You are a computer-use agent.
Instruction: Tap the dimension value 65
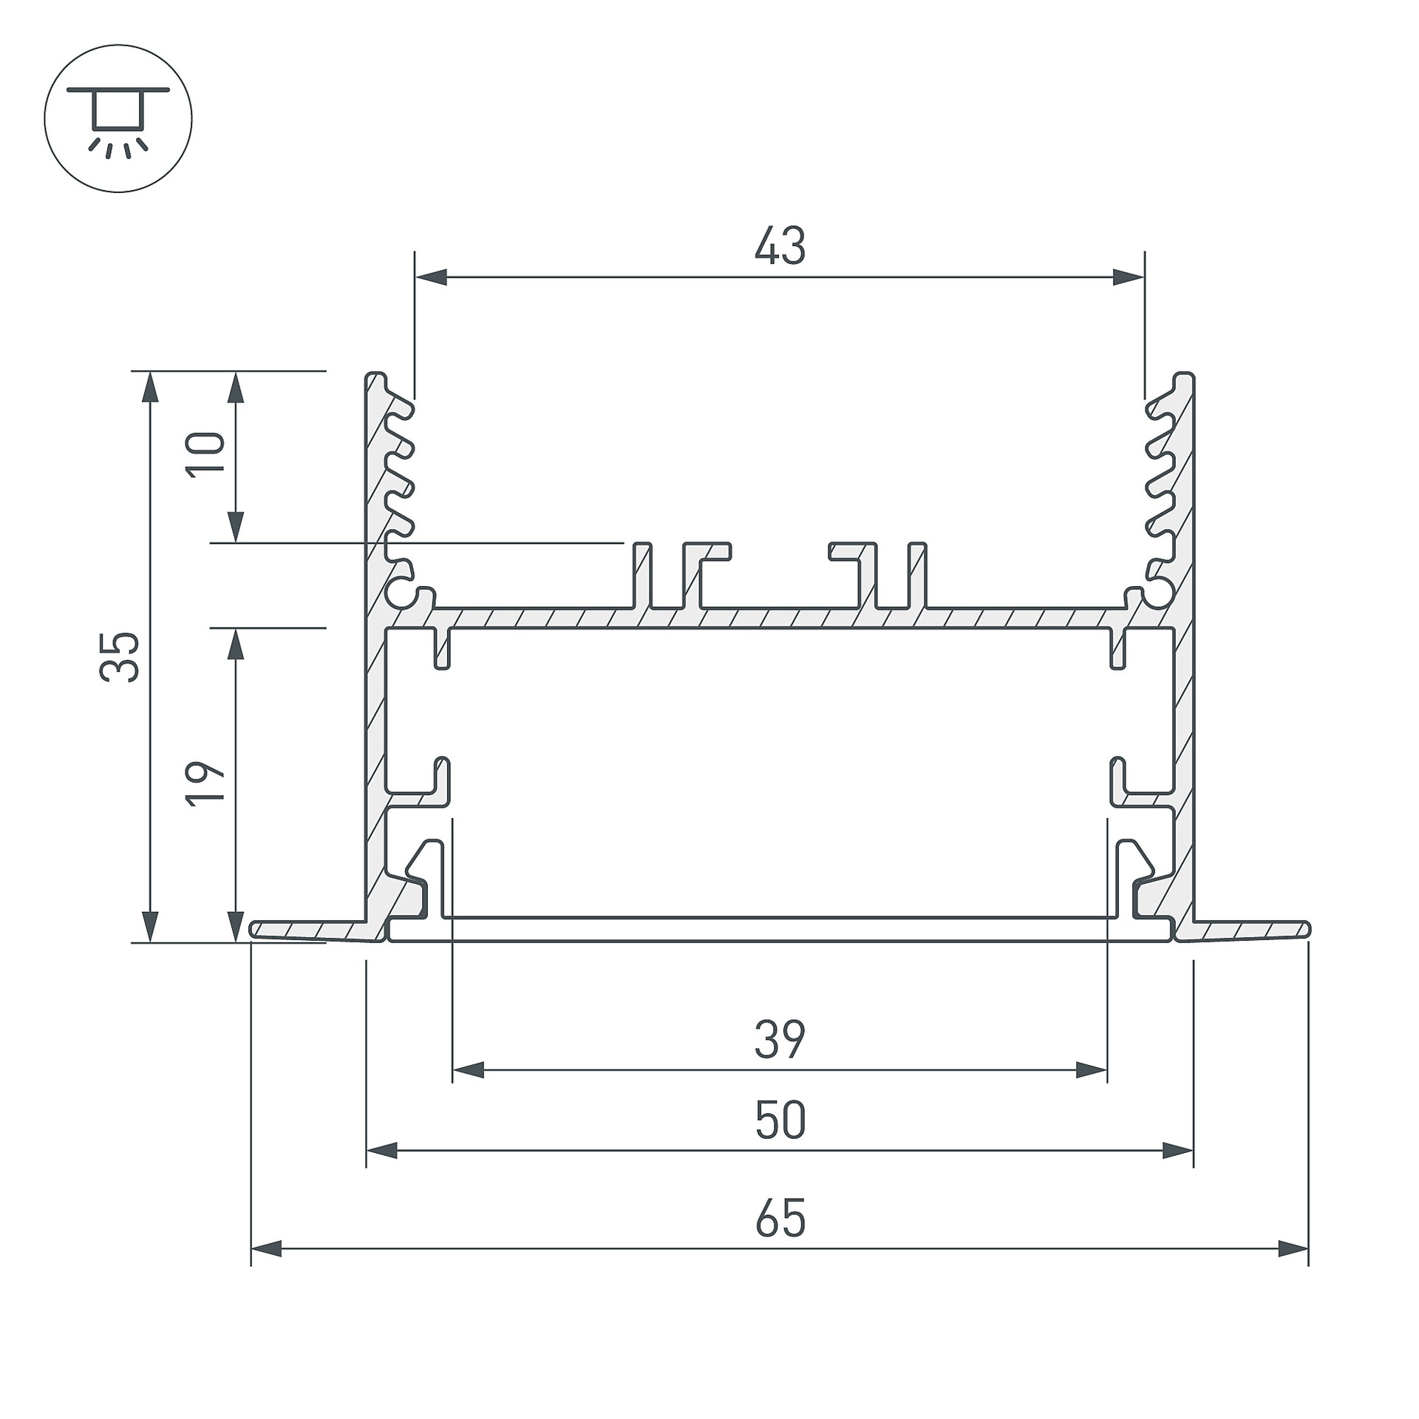point(780,1219)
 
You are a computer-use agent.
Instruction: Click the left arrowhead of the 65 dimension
point(267,1250)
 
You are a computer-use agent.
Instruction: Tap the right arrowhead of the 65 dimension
point(1293,1250)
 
